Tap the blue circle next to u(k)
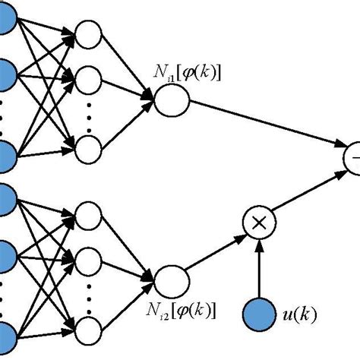pos(261,311)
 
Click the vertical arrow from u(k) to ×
pos(261,266)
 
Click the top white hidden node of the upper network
pos(89,34)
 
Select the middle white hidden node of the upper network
pos(89,77)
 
